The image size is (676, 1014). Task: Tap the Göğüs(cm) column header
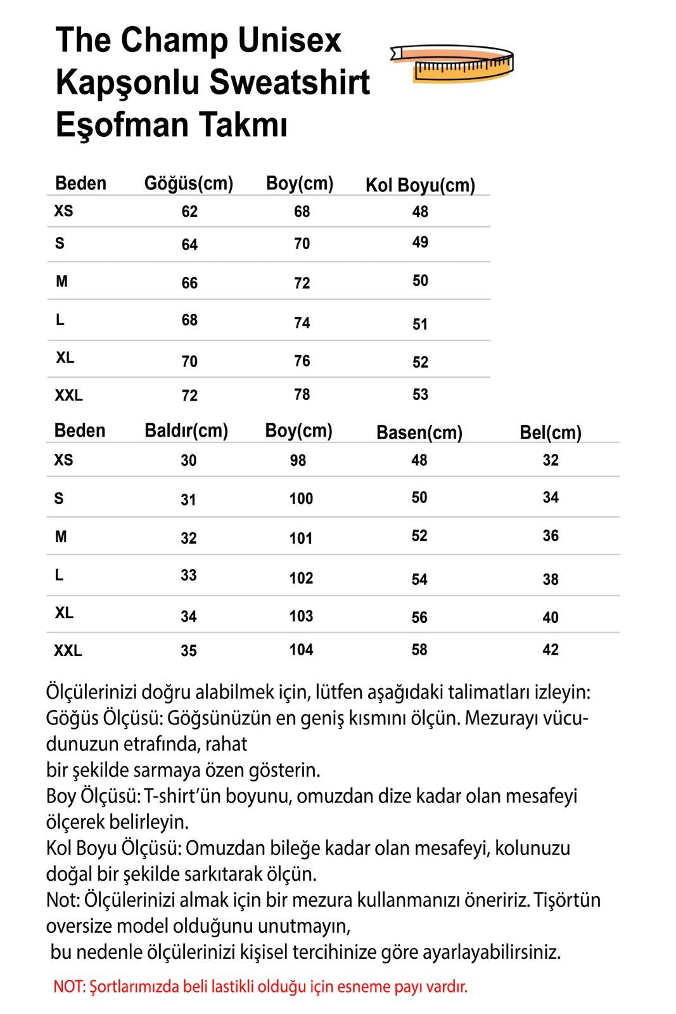pyautogui.click(x=189, y=184)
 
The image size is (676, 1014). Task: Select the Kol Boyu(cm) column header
pyautogui.click(x=420, y=185)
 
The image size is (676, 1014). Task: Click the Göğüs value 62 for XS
pyautogui.click(x=189, y=212)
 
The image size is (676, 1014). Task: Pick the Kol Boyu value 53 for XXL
pyautogui.click(x=420, y=395)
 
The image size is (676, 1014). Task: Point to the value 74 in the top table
pyautogui.click(x=302, y=323)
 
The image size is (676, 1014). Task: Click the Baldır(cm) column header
pyautogui.click(x=186, y=431)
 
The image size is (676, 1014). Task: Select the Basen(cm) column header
pyautogui.click(x=419, y=433)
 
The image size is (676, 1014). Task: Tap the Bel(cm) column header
pyautogui.click(x=550, y=433)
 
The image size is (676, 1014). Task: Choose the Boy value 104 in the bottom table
pyautogui.click(x=301, y=650)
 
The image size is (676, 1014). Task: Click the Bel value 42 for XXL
pyautogui.click(x=550, y=650)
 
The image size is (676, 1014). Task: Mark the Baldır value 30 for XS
pyautogui.click(x=188, y=461)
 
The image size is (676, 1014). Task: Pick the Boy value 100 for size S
pyautogui.click(x=301, y=499)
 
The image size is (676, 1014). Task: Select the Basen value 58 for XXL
pyautogui.click(x=419, y=650)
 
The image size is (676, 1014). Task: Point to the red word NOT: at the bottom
pyautogui.click(x=69, y=987)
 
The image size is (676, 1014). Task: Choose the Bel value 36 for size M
pyautogui.click(x=550, y=536)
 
